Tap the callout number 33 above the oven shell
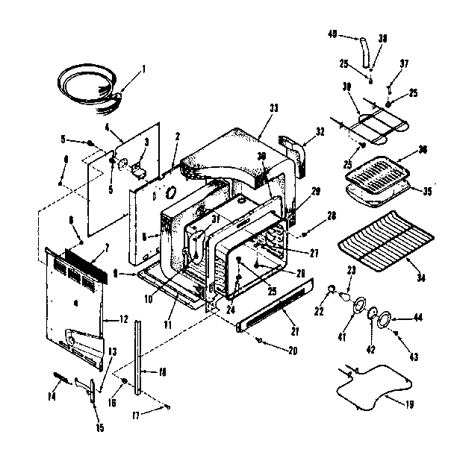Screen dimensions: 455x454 click(x=273, y=109)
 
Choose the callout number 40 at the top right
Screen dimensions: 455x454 click(x=333, y=34)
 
